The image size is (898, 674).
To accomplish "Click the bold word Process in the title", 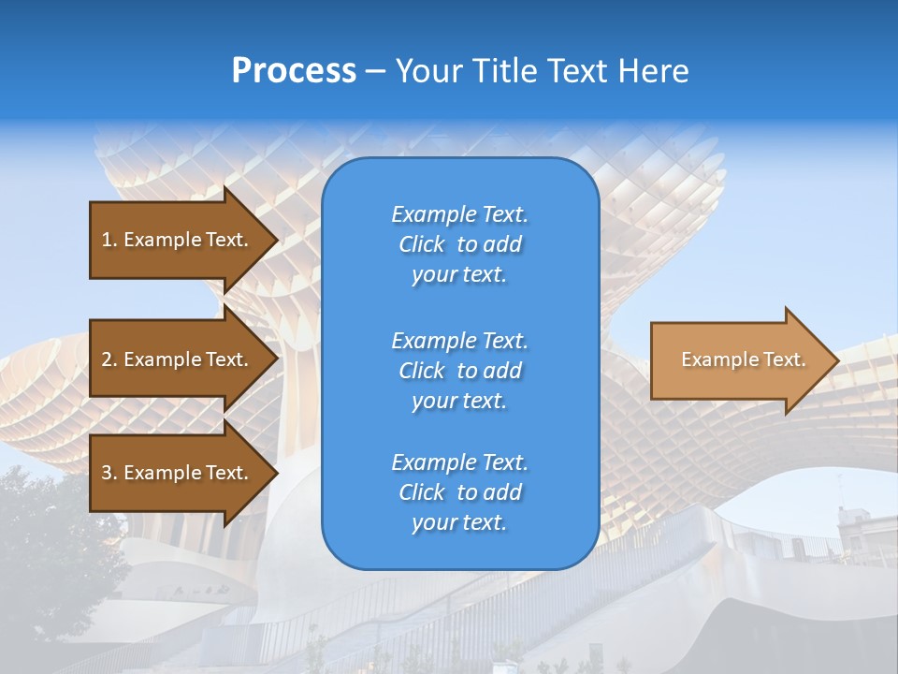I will coord(294,71).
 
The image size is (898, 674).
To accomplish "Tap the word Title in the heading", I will coord(501,71).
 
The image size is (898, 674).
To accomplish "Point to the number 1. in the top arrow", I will coord(109,240).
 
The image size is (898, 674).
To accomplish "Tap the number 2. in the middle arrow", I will coord(109,359).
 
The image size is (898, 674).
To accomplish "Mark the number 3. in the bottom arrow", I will coord(109,473).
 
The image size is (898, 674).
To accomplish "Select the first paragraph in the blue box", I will coord(459,244).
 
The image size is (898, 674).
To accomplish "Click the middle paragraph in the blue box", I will coord(459,371).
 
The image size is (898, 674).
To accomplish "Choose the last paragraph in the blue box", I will coord(459,492).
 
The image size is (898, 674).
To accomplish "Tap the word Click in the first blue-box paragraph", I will coord(422,244).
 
